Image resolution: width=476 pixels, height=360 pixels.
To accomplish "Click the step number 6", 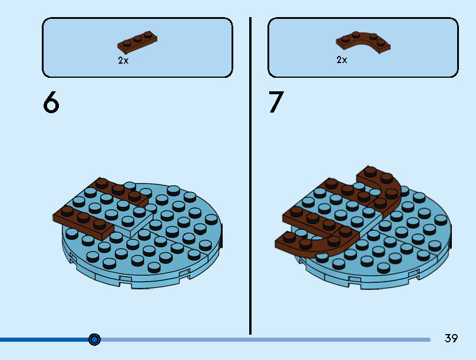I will click(x=51, y=103).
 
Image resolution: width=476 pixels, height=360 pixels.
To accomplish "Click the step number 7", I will click(x=276, y=103).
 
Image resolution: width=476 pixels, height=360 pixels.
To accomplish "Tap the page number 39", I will click(x=451, y=339).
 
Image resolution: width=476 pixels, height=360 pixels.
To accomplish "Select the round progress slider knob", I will click(x=94, y=339).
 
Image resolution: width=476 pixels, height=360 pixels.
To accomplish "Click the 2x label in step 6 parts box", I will click(x=123, y=60).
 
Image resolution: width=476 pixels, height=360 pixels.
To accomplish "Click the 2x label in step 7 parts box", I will click(x=342, y=60).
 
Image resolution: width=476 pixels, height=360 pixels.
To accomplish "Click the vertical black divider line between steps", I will click(x=250, y=177).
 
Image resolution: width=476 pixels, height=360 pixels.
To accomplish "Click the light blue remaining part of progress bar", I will click(x=265, y=339).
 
